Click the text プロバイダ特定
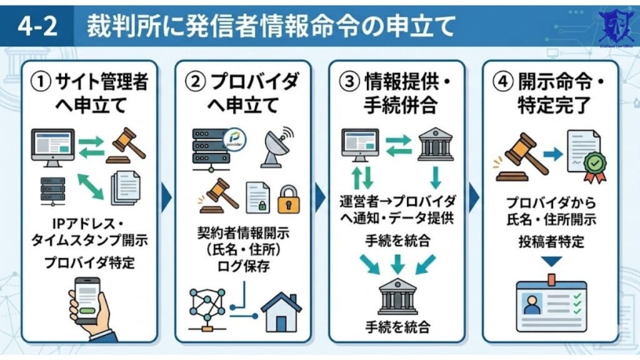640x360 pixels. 89,262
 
